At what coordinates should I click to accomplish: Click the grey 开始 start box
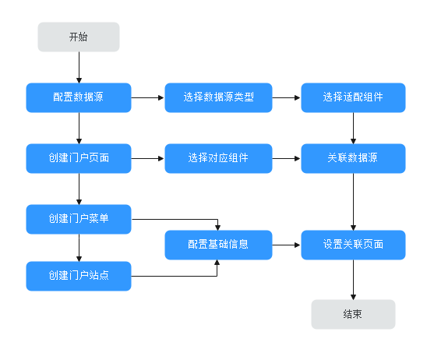[79, 37]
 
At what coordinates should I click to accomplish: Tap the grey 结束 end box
[353, 314]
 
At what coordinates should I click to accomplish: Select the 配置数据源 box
[79, 97]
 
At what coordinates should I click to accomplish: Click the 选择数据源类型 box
[218, 97]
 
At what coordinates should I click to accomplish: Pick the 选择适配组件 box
[353, 97]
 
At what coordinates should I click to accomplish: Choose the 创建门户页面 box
[79, 158]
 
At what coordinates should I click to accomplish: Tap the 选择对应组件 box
[218, 158]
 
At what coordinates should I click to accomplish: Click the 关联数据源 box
[353, 158]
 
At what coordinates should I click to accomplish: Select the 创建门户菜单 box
[79, 219]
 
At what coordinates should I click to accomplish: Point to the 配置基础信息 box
[218, 245]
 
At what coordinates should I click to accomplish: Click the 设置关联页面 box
[353, 245]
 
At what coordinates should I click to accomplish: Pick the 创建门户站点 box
[79, 276]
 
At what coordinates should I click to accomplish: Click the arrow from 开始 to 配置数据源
[79, 68]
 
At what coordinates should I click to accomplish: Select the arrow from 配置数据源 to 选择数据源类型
[148, 97]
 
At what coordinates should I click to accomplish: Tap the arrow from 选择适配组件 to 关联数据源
[353, 128]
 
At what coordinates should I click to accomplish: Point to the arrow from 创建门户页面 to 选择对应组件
[148, 158]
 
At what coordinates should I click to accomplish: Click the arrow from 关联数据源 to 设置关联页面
[353, 202]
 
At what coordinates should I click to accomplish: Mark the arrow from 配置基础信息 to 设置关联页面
[287, 245]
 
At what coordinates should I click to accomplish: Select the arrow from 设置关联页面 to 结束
[353, 280]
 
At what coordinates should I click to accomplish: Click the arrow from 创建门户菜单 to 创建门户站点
[79, 248]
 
